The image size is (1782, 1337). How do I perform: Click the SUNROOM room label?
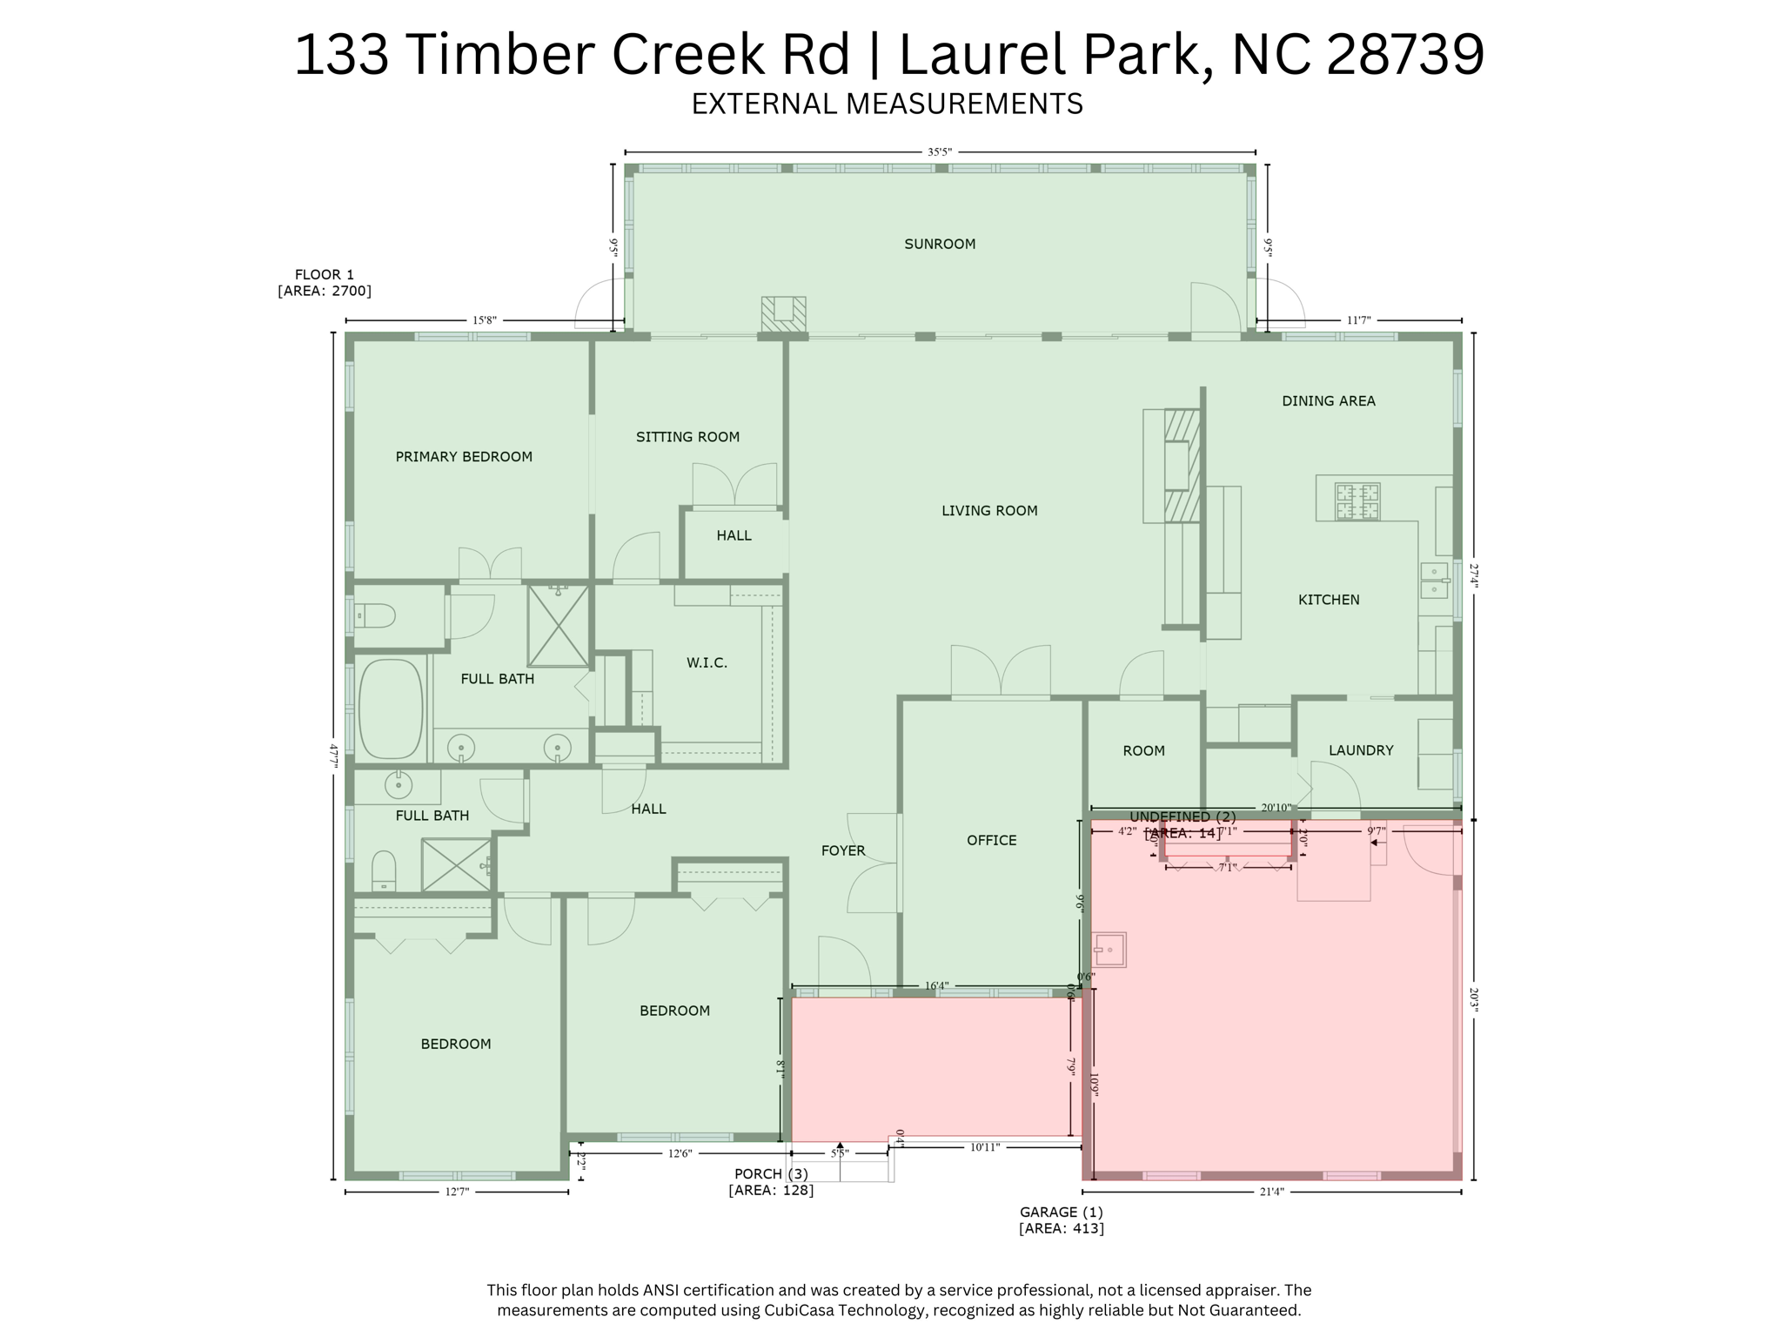[940, 244]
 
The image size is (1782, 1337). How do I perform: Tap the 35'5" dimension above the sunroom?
[940, 152]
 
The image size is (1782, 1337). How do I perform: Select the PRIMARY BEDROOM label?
[464, 457]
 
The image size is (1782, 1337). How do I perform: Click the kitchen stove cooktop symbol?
[1357, 502]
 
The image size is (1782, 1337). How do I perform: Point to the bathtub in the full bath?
[391, 709]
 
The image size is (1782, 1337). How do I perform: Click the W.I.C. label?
[707, 663]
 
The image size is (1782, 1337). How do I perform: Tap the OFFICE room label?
[991, 840]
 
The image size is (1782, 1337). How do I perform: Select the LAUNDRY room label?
[1361, 750]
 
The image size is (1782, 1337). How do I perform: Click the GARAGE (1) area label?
[1062, 1219]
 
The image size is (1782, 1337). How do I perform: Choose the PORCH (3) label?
[771, 1182]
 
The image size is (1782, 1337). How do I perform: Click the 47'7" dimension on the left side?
[333, 754]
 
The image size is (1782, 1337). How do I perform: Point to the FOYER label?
[843, 850]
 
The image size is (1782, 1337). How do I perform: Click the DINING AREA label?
[1329, 401]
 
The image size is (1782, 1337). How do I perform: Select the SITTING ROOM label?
[687, 437]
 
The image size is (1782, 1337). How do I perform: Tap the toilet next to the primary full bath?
[376, 616]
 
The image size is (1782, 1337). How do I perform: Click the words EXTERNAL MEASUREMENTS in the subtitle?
[887, 104]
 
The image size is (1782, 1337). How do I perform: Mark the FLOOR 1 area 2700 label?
[325, 283]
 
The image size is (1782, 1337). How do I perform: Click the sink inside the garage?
[1110, 949]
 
